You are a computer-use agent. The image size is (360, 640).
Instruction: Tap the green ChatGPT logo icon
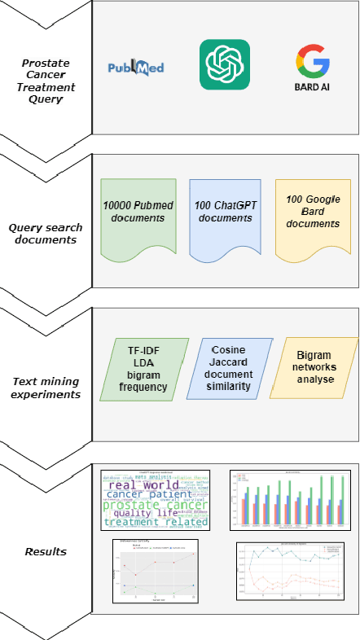click(x=224, y=65)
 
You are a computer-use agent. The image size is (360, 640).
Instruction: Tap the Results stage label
click(x=46, y=551)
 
